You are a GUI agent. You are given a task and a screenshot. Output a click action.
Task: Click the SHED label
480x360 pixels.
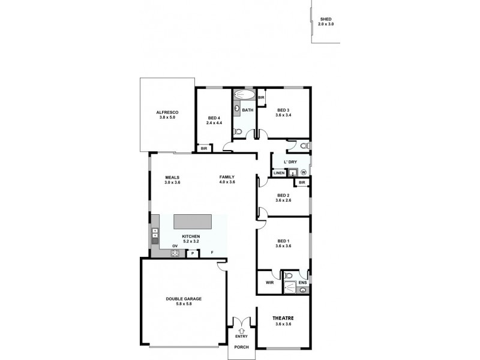coord(326,19)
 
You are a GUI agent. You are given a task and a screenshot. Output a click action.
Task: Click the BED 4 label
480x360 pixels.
coord(214,118)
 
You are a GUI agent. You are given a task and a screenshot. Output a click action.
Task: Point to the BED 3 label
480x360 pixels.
coord(284,110)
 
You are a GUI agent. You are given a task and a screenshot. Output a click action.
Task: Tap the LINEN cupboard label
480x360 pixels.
coord(278,173)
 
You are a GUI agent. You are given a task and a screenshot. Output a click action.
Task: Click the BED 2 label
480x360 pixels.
coord(283,196)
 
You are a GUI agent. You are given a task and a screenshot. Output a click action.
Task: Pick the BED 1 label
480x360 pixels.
coord(283,241)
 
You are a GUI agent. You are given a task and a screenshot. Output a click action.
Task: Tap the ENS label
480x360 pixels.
coord(302,282)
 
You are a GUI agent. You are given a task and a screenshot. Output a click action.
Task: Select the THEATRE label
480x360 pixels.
coord(283,318)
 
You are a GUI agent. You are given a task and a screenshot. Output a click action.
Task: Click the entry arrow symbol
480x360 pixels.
coord(242,330)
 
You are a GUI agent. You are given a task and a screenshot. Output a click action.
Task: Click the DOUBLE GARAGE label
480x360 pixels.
coord(184,299)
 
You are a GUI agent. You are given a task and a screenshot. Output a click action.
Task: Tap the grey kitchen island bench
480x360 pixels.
coord(193,221)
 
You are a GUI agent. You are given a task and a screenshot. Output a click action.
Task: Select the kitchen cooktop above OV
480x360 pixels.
coord(175,253)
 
